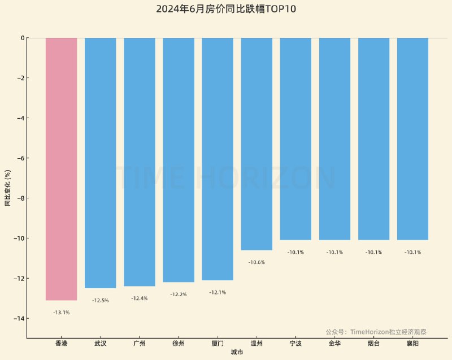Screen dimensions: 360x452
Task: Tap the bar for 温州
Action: (x=257, y=144)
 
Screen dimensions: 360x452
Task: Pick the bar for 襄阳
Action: (x=412, y=138)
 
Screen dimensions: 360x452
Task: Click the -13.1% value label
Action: (x=61, y=312)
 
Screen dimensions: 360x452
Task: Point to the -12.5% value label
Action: (x=100, y=300)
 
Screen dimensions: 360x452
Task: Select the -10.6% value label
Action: (x=257, y=262)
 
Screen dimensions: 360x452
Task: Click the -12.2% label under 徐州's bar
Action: (x=179, y=294)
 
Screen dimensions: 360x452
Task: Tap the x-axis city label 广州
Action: (x=140, y=343)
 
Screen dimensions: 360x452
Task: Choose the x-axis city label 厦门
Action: (x=218, y=343)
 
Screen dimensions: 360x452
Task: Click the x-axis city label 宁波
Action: (x=295, y=343)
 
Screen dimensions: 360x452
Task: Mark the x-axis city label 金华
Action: (x=334, y=343)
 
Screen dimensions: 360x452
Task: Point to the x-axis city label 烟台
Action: (x=373, y=343)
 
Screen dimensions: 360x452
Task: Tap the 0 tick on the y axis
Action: (x=23, y=38)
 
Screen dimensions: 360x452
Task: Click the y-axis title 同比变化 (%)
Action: (x=8, y=188)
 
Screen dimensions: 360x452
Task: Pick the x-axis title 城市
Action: (x=237, y=353)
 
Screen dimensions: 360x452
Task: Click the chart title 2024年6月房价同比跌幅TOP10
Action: (x=226, y=9)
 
